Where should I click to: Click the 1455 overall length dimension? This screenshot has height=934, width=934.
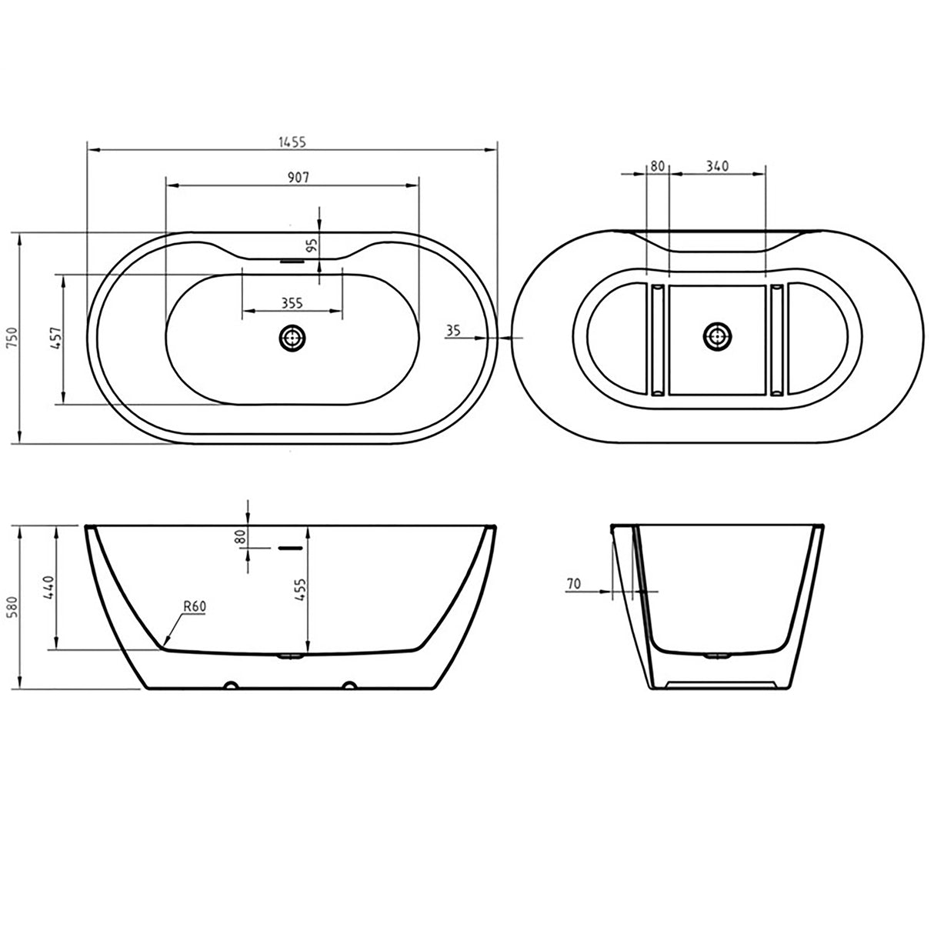pos(293,142)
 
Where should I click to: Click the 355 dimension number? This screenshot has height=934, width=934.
pos(292,303)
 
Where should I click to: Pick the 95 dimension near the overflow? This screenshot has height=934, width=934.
pos(312,245)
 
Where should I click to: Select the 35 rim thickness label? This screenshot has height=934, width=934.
pos(453,330)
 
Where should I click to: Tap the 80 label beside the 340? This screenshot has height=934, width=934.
pos(657,165)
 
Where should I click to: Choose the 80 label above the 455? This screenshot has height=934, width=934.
pos(240,537)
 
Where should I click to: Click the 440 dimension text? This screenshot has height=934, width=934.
pos(48,587)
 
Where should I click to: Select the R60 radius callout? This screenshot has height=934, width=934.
pos(195,606)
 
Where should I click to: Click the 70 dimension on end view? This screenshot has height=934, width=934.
pos(573,584)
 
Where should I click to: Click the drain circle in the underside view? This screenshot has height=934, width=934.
pos(718,336)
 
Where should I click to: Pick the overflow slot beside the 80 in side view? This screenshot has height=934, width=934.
pos(289,548)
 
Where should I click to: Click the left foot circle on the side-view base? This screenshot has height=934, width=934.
pos(229,685)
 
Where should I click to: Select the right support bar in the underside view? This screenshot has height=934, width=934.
pos(776,337)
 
